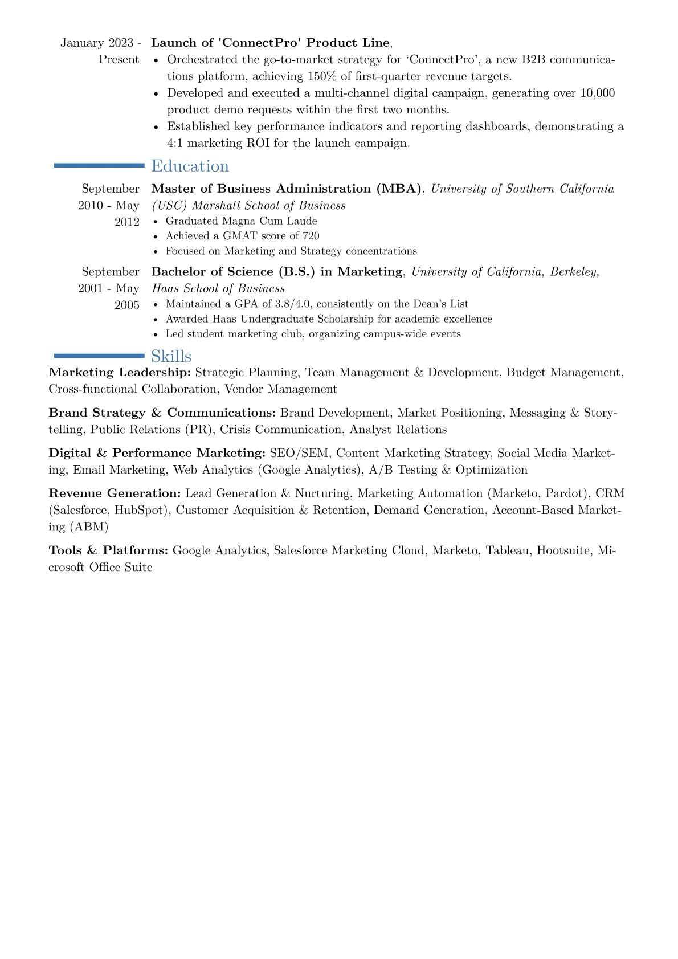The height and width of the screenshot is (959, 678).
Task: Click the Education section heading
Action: (190, 166)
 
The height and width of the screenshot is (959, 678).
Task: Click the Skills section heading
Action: (171, 356)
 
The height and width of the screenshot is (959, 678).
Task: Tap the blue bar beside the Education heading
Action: (99, 165)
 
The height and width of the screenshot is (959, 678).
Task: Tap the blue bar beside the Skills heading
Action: (99, 356)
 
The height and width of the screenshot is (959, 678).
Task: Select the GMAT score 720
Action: (311, 236)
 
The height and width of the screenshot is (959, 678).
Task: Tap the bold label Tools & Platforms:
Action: (108, 550)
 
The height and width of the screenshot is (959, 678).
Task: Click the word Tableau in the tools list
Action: (508, 550)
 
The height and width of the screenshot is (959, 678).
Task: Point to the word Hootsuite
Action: (563, 550)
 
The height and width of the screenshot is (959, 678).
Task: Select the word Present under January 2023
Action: (119, 60)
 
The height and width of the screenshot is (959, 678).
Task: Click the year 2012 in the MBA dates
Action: (127, 222)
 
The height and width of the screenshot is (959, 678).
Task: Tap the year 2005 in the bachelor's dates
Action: (127, 305)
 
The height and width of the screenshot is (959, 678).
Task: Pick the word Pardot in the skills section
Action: (566, 493)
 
